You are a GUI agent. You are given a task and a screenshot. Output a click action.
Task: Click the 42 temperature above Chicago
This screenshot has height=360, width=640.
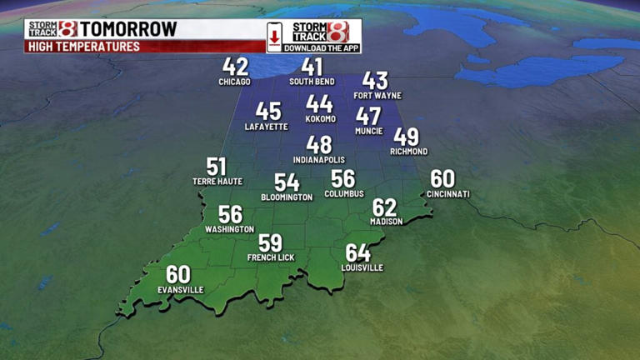pyautogui.click(x=236, y=67)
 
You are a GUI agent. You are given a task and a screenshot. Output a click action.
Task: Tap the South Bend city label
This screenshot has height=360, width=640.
pyautogui.click(x=312, y=82)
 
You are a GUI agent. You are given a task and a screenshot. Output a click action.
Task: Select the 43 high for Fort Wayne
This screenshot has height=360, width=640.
pyautogui.click(x=376, y=81)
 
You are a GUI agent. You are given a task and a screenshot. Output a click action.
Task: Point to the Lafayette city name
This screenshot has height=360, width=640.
pyautogui.click(x=267, y=127)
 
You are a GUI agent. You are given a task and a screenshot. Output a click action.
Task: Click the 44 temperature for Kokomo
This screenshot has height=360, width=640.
pyautogui.click(x=319, y=104)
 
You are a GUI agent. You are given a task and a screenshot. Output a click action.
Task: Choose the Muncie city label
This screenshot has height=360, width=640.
pyautogui.click(x=368, y=131)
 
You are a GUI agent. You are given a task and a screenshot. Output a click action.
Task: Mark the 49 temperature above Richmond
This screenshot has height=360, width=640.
pyautogui.click(x=406, y=137)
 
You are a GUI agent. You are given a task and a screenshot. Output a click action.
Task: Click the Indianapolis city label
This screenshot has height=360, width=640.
pyautogui.click(x=318, y=159)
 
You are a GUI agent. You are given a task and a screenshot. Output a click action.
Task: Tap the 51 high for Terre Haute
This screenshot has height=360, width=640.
pyautogui.click(x=217, y=167)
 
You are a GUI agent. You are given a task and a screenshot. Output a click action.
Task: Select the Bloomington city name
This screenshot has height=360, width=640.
pyautogui.click(x=287, y=197)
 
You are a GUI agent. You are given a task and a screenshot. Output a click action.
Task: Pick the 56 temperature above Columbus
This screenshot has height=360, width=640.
pyautogui.click(x=342, y=178)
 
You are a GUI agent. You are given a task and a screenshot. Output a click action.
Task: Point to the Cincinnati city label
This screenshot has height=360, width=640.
pyautogui.click(x=448, y=194)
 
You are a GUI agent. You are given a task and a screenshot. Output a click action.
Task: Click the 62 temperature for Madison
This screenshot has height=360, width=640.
pyautogui.click(x=385, y=207)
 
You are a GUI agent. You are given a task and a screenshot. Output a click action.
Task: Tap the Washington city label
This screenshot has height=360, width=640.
pyautogui.click(x=229, y=229)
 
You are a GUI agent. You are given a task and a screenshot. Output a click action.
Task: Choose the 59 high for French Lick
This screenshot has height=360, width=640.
pyautogui.click(x=270, y=243)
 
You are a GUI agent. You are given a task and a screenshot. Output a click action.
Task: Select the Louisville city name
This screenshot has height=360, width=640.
pyautogui.click(x=362, y=267)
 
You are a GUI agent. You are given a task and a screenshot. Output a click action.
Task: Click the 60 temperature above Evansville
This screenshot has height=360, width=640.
pyautogui.click(x=178, y=274)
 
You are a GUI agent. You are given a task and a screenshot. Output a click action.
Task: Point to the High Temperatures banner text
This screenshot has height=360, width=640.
pyautogui.click(x=84, y=47)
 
